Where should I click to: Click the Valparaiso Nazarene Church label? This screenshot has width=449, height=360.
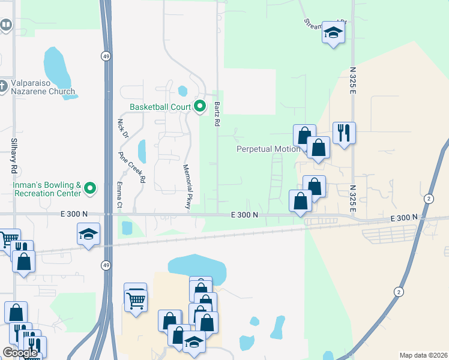[40, 88]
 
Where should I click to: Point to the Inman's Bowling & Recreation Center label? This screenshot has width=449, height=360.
[47, 189]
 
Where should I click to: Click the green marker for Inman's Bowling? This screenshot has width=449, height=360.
[91, 189]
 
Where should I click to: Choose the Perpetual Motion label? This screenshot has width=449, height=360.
[267, 149]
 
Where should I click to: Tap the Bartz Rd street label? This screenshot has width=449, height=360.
[217, 114]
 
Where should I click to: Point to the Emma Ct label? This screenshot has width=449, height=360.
[119, 196]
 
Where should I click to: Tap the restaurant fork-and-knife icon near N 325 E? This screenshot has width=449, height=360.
[344, 132]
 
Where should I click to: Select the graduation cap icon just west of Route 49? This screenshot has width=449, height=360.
[88, 233]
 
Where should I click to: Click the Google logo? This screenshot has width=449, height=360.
[20, 353]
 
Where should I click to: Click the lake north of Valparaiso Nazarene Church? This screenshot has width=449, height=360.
[56, 67]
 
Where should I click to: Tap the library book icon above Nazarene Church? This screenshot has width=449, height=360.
[5, 25]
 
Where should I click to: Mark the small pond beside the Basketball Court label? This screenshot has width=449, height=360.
[182, 91]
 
